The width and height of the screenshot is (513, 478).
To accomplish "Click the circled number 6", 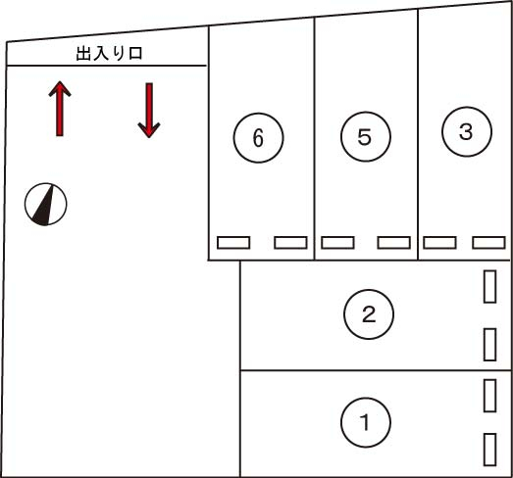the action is [259, 137].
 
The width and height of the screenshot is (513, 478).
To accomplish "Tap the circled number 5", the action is [366, 136].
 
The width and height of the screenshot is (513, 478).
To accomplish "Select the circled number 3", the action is [467, 131].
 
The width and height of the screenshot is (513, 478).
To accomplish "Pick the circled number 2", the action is [369, 314].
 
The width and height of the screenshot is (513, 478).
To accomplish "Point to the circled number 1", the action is [366, 422].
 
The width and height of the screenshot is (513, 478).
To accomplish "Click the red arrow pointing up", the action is [60, 109].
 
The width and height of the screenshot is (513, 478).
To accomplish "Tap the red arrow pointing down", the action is [149, 111].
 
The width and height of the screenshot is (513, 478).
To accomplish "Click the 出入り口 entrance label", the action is [109, 54].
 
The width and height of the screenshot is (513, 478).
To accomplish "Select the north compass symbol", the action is [46, 204].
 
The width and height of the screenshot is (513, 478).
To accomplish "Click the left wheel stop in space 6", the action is [233, 243].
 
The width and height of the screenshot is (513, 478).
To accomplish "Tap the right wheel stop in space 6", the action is [290, 243].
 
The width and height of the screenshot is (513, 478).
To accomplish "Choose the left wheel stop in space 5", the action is [337, 243].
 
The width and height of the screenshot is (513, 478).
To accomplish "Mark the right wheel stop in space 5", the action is [394, 243].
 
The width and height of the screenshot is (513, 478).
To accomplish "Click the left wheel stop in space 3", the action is [439, 243].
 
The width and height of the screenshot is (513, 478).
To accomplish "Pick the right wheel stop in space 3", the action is [488, 243].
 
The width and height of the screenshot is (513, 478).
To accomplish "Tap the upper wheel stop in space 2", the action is [489, 287].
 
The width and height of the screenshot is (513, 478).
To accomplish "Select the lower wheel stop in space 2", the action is [489, 345].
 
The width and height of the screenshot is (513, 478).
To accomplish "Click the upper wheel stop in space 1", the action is [489, 396].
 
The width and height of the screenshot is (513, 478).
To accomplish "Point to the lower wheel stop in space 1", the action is [489, 450].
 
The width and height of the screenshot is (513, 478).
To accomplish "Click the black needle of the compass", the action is [44, 209].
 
